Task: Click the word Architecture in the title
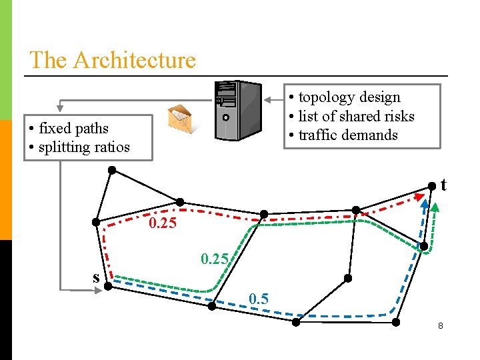click(135, 60)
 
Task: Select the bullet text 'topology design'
click(349, 97)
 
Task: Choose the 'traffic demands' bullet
click(348, 135)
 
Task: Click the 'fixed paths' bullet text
click(73, 128)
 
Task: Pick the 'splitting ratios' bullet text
click(84, 147)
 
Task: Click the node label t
click(443, 185)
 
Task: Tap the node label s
click(96, 277)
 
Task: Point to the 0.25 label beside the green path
click(215, 258)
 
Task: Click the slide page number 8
click(440, 326)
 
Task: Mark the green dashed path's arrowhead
click(435, 205)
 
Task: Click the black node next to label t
click(432, 185)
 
